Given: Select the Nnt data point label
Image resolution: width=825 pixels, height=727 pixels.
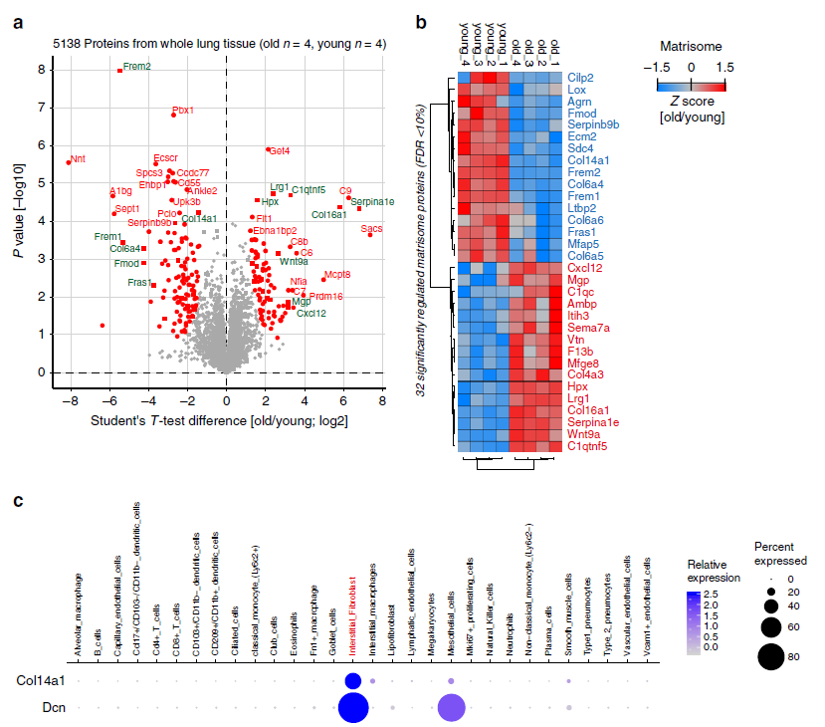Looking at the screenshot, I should [79, 158].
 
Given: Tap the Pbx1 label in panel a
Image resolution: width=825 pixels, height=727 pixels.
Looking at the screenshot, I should [183, 111].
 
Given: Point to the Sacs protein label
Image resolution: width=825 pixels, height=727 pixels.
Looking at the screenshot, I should [371, 228].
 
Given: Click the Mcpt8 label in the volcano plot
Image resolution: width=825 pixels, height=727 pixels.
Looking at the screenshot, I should [337, 274].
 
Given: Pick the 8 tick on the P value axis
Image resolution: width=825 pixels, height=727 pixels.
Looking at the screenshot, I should [41, 70].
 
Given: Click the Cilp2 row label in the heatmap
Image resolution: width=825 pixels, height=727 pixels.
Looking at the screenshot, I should [582, 77].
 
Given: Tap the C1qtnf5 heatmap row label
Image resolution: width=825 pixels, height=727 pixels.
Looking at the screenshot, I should [589, 447].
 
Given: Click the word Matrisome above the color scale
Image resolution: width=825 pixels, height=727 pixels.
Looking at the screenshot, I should [691, 46].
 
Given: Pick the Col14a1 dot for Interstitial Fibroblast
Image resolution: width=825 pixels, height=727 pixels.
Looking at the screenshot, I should [352, 680].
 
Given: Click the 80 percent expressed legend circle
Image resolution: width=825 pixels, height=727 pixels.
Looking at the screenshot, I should [768, 656].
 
